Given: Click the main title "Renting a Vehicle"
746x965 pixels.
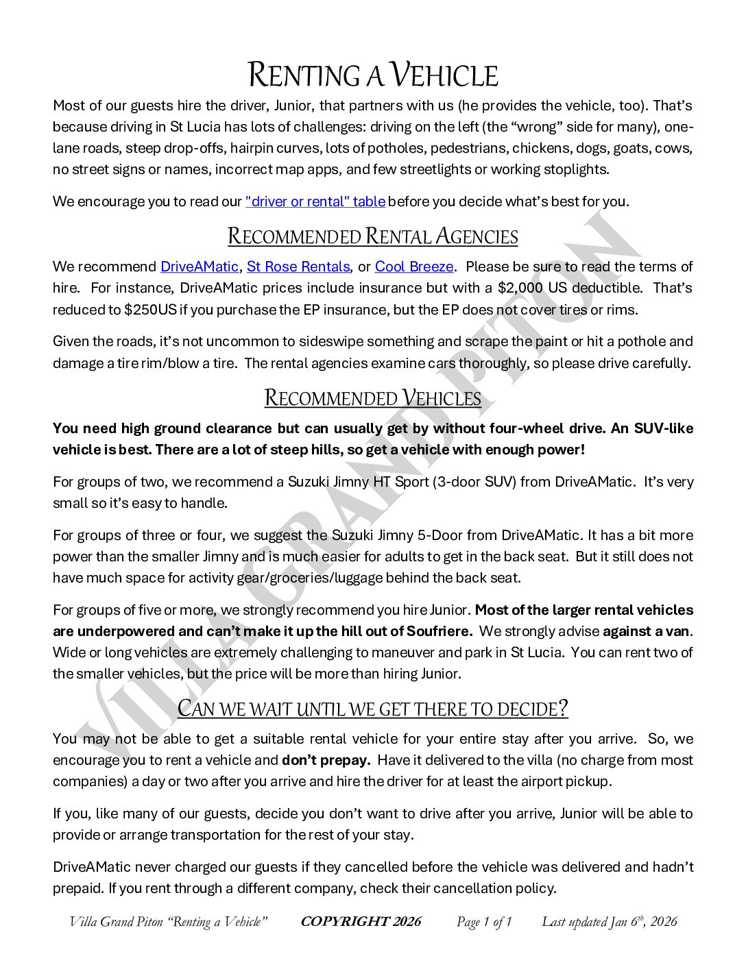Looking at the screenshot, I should (x=372, y=75).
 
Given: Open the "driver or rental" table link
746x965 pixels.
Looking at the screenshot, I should (x=315, y=201).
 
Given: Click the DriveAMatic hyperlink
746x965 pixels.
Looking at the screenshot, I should (x=200, y=267).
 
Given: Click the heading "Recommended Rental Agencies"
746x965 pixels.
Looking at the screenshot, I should (x=372, y=236).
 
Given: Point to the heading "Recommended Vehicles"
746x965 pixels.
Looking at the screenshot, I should (x=372, y=398).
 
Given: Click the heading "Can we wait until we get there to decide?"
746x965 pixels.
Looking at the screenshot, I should (x=372, y=708).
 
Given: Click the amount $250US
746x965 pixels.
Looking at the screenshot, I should (x=150, y=309).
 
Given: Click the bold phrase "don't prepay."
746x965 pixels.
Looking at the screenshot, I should (x=326, y=760).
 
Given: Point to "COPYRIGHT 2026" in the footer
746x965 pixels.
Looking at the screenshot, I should (x=361, y=922).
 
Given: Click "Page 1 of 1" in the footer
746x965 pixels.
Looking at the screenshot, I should (x=484, y=922).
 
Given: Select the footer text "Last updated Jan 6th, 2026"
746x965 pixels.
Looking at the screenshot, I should (x=609, y=922).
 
